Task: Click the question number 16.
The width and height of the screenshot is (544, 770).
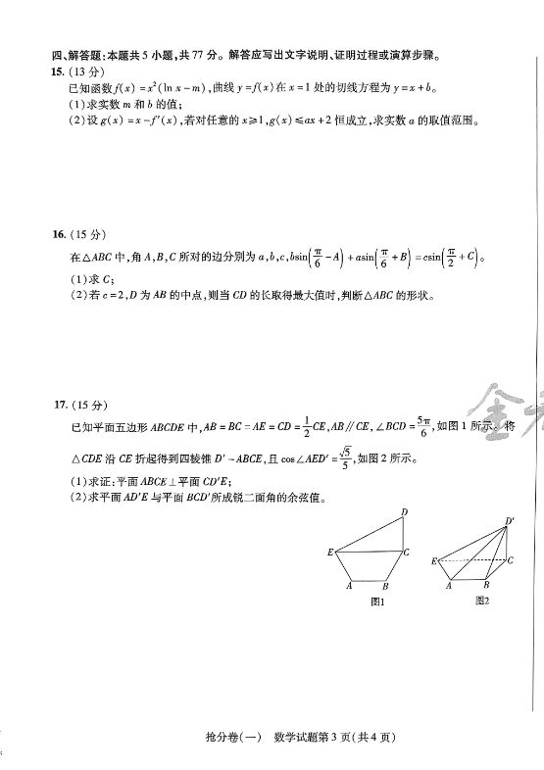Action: (60, 235)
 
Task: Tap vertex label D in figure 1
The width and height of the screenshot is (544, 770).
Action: (404, 512)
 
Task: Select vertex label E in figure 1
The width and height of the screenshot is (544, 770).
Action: (330, 553)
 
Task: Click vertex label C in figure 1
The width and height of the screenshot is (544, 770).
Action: (407, 553)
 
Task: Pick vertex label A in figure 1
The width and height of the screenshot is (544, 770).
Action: (348, 587)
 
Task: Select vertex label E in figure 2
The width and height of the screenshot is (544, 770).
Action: (433, 561)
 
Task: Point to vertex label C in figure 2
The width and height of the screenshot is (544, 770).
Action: (511, 559)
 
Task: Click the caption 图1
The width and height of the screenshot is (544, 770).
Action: (376, 602)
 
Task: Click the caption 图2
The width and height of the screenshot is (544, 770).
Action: (481, 601)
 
